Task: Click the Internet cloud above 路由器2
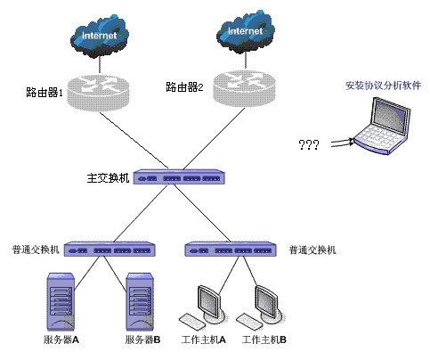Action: (x=246, y=33)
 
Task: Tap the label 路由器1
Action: (x=45, y=92)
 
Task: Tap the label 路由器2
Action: (x=184, y=87)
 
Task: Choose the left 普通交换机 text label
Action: (x=36, y=250)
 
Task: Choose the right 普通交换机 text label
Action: (x=312, y=250)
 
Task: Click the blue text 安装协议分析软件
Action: (x=383, y=86)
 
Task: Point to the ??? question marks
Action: (x=308, y=144)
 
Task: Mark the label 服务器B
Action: (x=142, y=340)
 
